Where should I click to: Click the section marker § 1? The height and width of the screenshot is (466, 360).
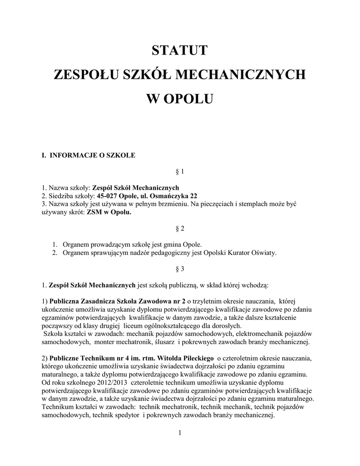[179, 172]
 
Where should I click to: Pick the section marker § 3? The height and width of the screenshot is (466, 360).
[179, 269]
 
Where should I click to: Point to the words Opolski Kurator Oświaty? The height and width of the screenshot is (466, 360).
[241, 253]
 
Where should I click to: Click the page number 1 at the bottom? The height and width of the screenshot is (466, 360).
[180, 432]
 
